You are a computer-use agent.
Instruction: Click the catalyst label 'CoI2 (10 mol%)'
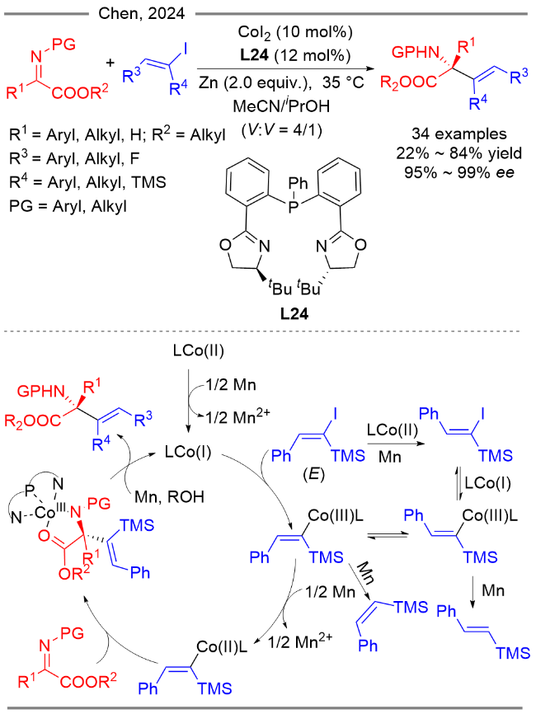295,32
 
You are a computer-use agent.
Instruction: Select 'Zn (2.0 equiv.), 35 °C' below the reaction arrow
281,82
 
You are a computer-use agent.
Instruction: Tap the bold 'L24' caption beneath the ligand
294,314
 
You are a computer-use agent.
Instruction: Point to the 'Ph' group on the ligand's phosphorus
299,183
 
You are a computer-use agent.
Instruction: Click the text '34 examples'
459,134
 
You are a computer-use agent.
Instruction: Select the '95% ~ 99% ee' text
459,172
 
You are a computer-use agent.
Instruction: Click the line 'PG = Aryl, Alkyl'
68,207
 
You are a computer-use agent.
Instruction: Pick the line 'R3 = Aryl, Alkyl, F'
74,158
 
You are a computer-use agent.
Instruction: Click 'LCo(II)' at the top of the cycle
199,351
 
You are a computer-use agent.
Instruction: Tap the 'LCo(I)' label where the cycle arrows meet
188,452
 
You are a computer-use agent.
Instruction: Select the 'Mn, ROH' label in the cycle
169,497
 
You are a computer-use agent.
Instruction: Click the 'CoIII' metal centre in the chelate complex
50,512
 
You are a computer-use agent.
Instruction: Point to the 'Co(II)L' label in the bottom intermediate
222,646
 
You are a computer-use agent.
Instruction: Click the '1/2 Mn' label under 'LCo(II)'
231,385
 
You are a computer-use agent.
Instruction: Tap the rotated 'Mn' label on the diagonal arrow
365,573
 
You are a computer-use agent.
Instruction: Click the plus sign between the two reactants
110,63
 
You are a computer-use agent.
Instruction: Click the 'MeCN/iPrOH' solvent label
281,106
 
